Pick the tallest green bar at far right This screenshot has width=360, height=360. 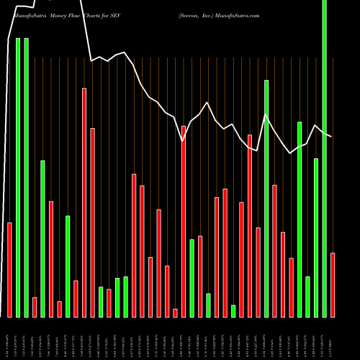coord(324,158)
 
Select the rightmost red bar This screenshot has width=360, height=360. coord(333,284)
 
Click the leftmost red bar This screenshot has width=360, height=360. coord(9,269)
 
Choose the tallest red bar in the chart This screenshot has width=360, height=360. coord(84,202)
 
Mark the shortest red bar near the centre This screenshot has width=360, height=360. coord(175,312)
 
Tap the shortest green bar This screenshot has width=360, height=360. coord(233,310)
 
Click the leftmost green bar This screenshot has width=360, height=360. coord(18,177)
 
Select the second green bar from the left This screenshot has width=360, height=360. coord(26,177)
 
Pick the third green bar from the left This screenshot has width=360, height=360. coord(42,238)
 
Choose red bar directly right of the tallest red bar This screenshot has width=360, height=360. coord(92,222)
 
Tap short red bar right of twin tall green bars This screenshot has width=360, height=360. coord(35,307)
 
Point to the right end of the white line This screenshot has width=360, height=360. coord(331,136)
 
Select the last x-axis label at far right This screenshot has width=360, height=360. coord(333,337)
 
